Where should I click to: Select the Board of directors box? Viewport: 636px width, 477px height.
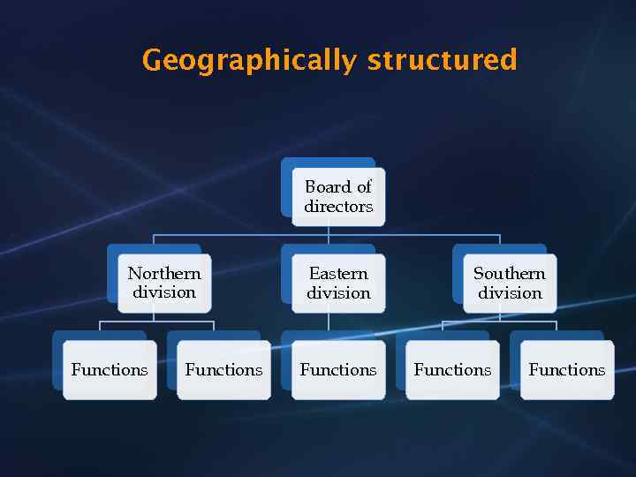click(x=338, y=197)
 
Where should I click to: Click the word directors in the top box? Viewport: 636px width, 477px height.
click(x=338, y=207)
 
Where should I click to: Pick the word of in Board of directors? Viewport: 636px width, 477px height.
click(x=364, y=186)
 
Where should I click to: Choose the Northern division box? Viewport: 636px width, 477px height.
click(x=164, y=284)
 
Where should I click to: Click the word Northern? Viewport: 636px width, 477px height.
click(x=164, y=273)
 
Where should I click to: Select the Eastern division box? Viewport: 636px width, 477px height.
click(x=338, y=284)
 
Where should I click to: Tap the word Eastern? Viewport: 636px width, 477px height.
click(x=338, y=273)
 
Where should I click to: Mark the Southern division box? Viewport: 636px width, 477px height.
click(x=510, y=284)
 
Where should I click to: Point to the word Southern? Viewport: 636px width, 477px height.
click(x=510, y=273)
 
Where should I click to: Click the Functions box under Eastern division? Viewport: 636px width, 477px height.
click(x=338, y=370)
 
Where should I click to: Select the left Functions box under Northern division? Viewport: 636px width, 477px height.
click(x=110, y=370)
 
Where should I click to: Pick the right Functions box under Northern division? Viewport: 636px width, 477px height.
click(x=223, y=370)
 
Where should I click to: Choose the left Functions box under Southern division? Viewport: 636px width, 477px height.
click(x=452, y=370)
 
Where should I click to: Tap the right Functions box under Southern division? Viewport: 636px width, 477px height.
click(x=567, y=370)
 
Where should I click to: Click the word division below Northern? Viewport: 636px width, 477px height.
click(x=164, y=292)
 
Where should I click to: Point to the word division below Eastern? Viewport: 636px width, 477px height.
click(x=338, y=292)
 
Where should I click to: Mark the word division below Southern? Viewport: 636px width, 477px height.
click(x=510, y=292)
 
